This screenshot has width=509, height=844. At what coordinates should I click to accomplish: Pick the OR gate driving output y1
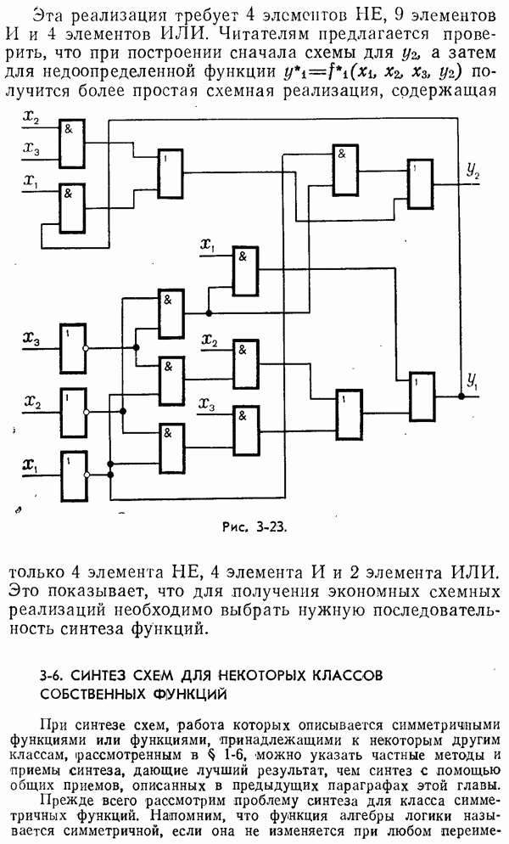point(422,396)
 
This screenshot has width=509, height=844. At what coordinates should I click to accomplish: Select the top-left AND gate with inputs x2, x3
point(70,143)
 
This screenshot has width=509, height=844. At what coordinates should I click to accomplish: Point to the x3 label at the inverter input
point(31,340)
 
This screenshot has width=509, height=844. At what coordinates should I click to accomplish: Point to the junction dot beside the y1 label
point(461,396)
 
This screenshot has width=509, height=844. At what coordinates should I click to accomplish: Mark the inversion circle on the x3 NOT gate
point(86,348)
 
